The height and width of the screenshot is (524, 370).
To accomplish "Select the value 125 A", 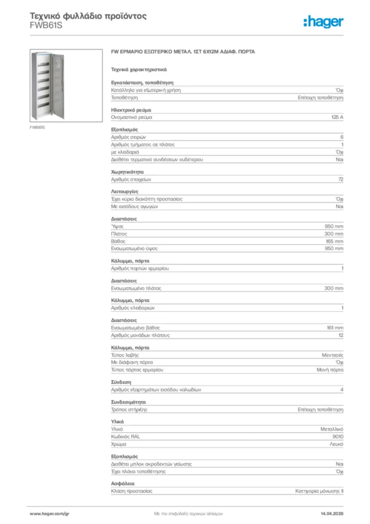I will point(337,117).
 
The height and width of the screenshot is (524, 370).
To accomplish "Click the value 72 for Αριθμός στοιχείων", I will point(340,180).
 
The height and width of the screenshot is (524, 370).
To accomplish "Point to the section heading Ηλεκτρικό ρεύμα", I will point(131,110).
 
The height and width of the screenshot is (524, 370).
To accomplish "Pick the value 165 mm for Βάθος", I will point(334,241).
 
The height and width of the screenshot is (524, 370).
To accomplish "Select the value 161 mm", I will point(335,327).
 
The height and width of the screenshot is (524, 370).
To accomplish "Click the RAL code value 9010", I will point(337,436).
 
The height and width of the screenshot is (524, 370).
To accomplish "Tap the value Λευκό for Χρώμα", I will point(336,444).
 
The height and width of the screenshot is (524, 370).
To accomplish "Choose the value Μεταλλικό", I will point(332,429).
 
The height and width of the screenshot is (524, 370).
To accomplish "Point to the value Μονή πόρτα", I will point(330,369).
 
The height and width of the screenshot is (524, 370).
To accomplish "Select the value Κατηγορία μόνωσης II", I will point(319,491).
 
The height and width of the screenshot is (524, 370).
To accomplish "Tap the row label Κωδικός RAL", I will point(125,436).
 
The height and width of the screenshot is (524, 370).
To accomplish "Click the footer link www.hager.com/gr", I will point(49,513).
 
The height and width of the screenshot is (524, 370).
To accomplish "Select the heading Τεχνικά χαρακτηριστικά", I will point(136,69).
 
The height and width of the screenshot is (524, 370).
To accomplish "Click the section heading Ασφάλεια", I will point(123,483).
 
